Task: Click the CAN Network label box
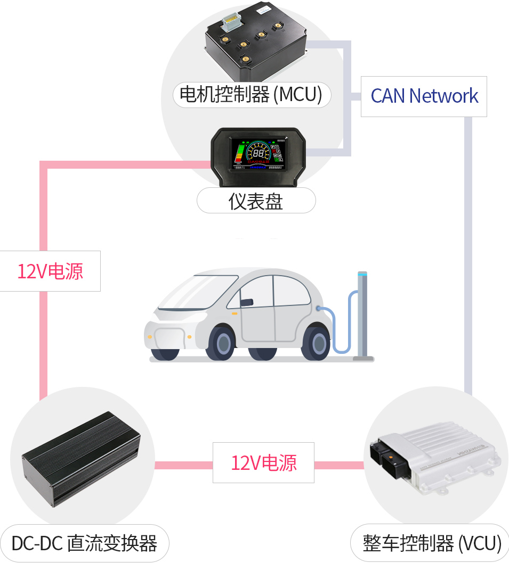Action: pos(424,96)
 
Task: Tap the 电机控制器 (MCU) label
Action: pos(252,95)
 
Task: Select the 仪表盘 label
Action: pos(256,201)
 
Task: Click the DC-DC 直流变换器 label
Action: pos(85,543)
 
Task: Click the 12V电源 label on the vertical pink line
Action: pos(50,271)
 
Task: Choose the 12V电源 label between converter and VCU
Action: pos(263,462)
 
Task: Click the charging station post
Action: pos(363,314)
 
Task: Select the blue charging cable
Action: pos(341,325)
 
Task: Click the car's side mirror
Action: pos(246,302)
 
